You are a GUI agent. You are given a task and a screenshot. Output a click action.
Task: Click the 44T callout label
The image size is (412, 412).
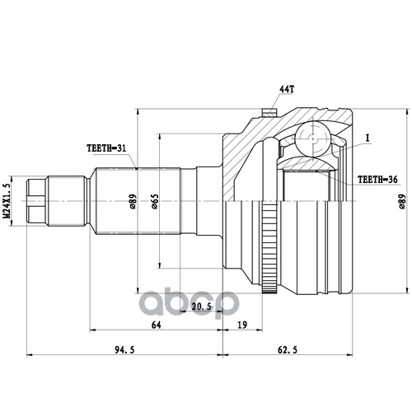[x=287, y=89]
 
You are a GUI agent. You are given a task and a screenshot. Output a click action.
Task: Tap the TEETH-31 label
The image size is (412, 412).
[x=106, y=148]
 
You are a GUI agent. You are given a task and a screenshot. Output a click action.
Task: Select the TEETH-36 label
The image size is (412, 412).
[x=377, y=180]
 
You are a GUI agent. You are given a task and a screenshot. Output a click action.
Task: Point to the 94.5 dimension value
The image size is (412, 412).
[x=124, y=349]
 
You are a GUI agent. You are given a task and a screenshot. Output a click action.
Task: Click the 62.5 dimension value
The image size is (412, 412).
[x=288, y=349]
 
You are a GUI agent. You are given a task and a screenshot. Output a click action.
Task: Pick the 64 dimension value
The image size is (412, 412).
[x=156, y=325]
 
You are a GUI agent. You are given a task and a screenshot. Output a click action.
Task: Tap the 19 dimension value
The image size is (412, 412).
[x=242, y=325]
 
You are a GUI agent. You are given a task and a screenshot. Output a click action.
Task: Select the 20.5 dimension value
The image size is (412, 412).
[x=202, y=307]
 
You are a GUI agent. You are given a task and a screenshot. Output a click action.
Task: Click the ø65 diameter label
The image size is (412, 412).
[x=155, y=201]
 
